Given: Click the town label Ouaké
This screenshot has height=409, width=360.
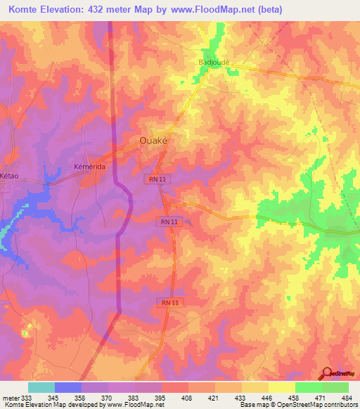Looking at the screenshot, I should [153, 139].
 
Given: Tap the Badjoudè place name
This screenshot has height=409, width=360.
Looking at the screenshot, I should [214, 61].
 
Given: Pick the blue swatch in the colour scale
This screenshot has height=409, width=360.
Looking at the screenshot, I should [68, 387].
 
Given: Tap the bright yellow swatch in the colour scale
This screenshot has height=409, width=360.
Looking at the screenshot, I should [282, 387].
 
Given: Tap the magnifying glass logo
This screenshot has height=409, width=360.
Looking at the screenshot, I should [328, 373].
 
